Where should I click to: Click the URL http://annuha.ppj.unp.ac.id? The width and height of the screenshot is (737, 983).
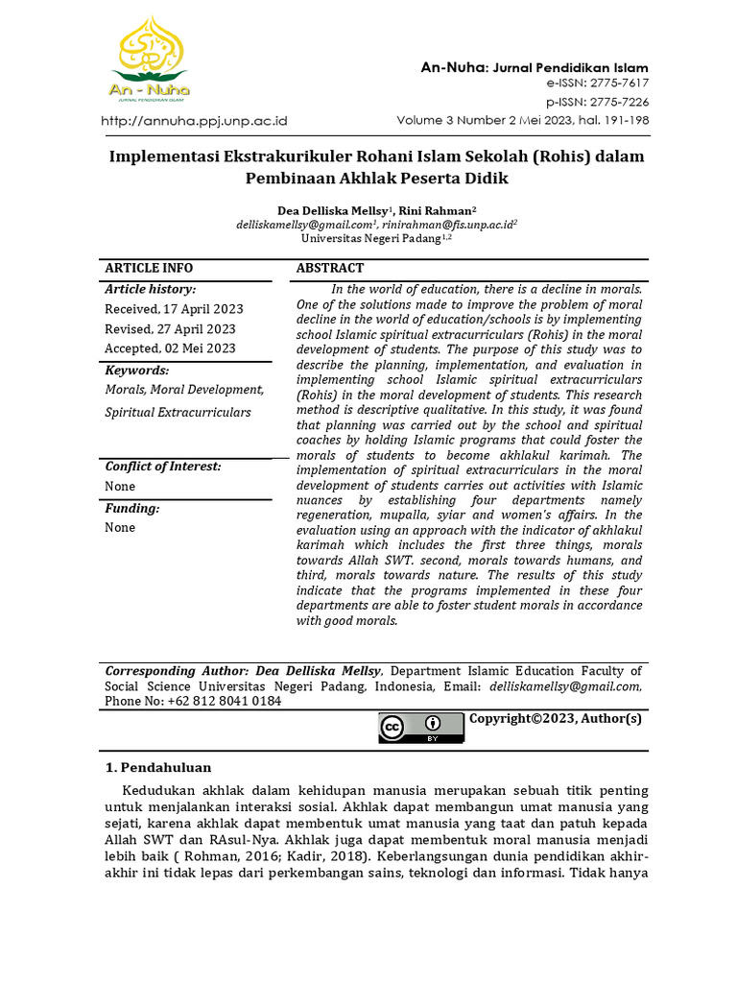pyautogui.click(x=195, y=121)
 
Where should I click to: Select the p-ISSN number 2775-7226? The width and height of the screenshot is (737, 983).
pyautogui.click(x=614, y=102)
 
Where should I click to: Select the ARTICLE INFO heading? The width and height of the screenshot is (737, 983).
pyautogui.click(x=149, y=269)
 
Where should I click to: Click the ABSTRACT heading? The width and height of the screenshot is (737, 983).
pyautogui.click(x=330, y=269)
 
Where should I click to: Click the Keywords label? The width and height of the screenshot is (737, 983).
pyautogui.click(x=136, y=371)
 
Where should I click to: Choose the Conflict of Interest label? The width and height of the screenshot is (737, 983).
pyautogui.click(x=163, y=467)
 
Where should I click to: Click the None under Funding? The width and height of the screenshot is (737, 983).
pyautogui.click(x=120, y=527)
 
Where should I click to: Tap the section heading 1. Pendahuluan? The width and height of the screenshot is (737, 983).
pyautogui.click(x=157, y=767)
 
